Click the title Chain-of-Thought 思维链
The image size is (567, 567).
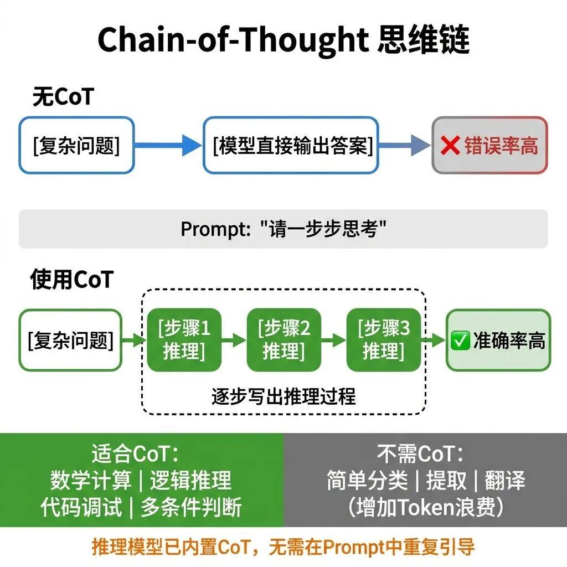(283, 40)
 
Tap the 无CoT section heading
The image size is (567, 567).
(63, 97)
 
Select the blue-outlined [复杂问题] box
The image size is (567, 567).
(76, 145)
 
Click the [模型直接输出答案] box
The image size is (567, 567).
(291, 145)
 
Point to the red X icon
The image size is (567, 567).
(451, 146)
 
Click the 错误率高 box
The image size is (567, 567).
(489, 145)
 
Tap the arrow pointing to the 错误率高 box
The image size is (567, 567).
(405, 146)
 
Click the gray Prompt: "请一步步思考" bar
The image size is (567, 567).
(283, 229)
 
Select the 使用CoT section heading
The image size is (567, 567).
(72, 280)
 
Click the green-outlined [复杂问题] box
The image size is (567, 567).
(70, 340)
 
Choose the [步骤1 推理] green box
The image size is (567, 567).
(184, 340)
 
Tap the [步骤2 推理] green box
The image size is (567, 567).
(284, 340)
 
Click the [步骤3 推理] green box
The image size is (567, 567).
(383, 340)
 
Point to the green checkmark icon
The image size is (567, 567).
(461, 341)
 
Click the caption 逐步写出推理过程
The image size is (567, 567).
(283, 396)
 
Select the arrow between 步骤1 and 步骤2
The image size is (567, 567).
(234, 340)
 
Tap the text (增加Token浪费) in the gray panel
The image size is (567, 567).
(425, 507)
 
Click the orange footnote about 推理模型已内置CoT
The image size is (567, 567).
(283, 547)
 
